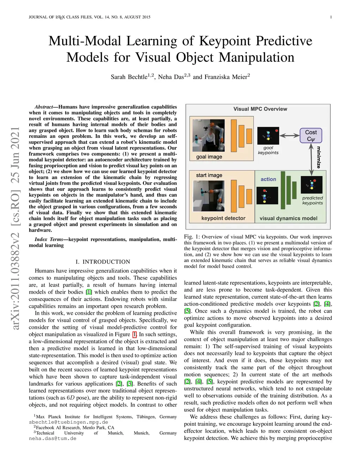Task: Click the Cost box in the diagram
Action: point(311,135)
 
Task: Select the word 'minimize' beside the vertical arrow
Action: point(318,157)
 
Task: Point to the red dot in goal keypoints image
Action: point(277,131)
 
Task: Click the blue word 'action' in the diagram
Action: point(268,179)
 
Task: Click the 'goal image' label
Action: point(209,156)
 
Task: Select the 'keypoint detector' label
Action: point(223,218)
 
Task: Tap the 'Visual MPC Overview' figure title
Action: point(260,109)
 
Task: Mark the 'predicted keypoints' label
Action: point(312,200)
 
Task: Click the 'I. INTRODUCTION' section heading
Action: point(103,262)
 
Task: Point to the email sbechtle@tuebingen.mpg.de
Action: point(68,422)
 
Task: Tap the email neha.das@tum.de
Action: point(53,438)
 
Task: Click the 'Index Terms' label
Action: point(49,239)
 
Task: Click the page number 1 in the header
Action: point(331,17)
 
